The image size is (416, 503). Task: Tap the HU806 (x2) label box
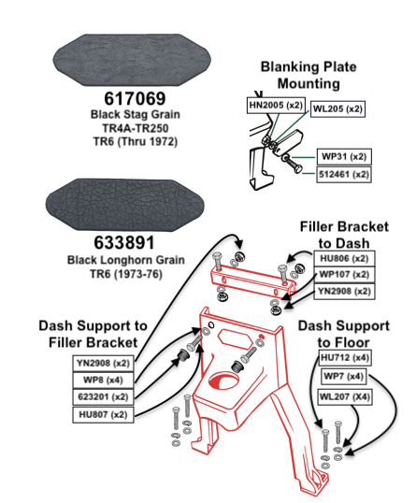pos(344,258)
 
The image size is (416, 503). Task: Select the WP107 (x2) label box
pos(344,275)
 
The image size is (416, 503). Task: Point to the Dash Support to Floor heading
pos(343,334)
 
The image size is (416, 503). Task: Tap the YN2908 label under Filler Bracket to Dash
pos(344,292)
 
